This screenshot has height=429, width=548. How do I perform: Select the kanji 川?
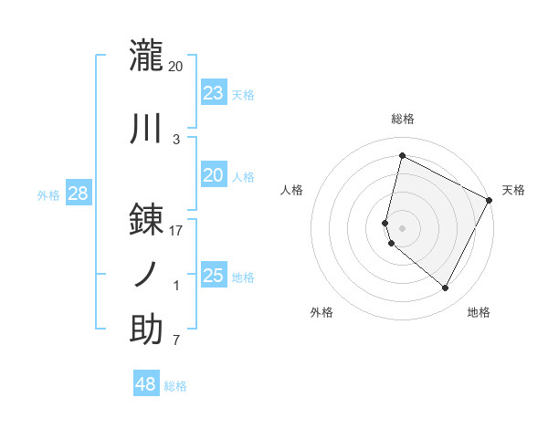pyautogui.click(x=146, y=129)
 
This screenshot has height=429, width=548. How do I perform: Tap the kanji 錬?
pyautogui.click(x=146, y=219)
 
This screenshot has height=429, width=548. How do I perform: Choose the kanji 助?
pyautogui.click(x=146, y=330)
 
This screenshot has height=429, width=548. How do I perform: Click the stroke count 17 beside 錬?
pyautogui.click(x=176, y=231)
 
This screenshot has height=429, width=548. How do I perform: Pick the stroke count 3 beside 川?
pyautogui.click(x=176, y=140)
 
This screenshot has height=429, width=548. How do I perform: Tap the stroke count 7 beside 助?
pyautogui.click(x=176, y=341)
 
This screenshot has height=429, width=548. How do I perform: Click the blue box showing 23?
pyautogui.click(x=213, y=92)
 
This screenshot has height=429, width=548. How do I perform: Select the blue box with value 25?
pyautogui.click(x=213, y=276)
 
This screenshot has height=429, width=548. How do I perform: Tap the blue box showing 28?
pyautogui.click(x=78, y=193)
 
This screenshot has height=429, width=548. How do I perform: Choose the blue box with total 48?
pyautogui.click(x=146, y=384)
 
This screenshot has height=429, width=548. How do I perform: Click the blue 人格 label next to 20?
pyautogui.click(x=243, y=176)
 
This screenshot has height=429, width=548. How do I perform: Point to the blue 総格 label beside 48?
pyautogui.click(x=175, y=386)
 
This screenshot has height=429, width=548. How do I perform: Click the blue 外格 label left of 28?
pyautogui.click(x=48, y=194)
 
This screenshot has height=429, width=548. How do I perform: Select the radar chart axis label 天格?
pyautogui.click(x=513, y=190)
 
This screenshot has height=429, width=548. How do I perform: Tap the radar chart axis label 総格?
pyautogui.click(x=402, y=119)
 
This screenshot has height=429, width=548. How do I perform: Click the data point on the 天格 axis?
pyautogui.click(x=490, y=200)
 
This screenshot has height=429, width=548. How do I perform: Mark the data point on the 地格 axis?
pyautogui.click(x=446, y=288)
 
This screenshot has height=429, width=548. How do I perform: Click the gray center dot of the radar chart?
pyautogui.click(x=402, y=227)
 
